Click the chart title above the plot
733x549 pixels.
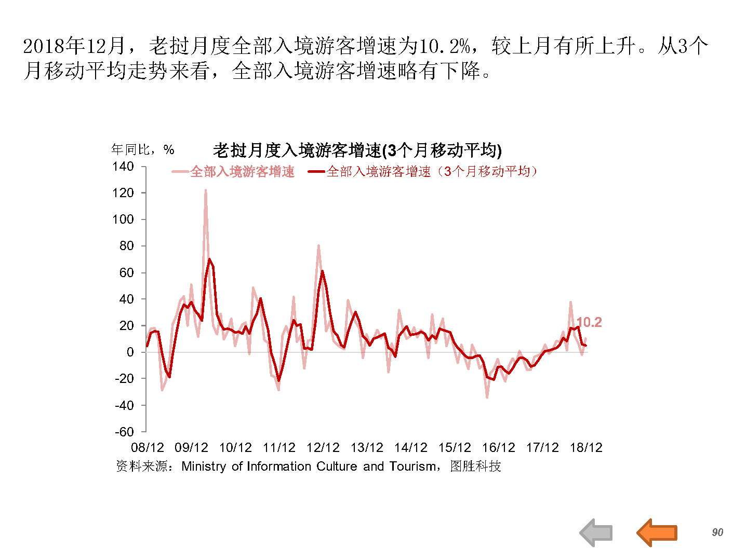(357, 150)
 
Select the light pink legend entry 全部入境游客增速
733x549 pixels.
(233, 172)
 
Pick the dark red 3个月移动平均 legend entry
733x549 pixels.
(423, 172)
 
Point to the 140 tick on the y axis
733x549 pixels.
(123, 167)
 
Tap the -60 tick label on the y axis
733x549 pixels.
(124, 432)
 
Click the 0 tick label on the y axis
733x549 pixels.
(130, 352)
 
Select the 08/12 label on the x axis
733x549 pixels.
(148, 448)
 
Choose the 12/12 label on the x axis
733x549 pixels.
(323, 448)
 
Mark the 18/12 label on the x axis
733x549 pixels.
(586, 448)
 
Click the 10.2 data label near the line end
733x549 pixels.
(589, 322)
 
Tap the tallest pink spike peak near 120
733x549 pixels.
(205, 191)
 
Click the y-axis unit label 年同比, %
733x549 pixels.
(143, 150)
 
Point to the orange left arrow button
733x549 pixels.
(657, 532)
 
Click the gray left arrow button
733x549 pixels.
(596, 532)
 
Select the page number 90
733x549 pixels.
(717, 532)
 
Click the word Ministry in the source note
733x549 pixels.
(204, 466)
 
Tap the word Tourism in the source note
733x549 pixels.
(413, 466)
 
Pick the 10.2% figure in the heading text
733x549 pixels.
(445, 46)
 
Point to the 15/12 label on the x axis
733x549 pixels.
(455, 448)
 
